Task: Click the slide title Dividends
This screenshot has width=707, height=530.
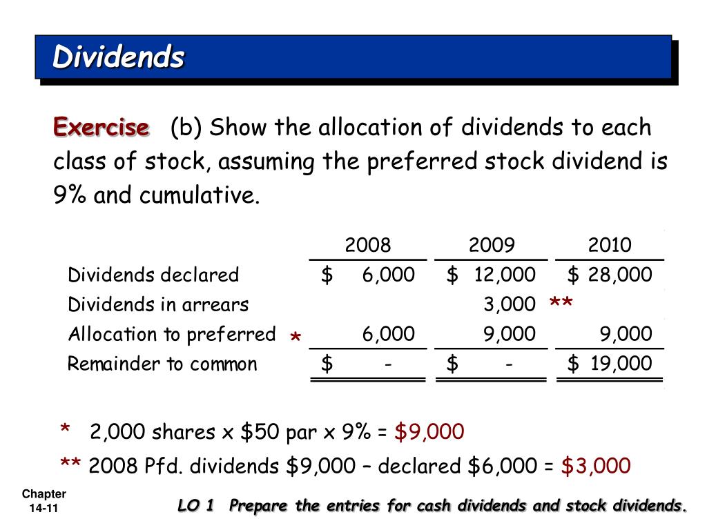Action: pos(118,57)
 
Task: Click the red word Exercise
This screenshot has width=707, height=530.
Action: pos(101,128)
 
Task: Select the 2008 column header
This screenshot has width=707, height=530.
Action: pos(367,245)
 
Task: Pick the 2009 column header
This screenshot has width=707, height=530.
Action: pos(491,245)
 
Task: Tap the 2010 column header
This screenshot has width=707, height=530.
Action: pos(610,245)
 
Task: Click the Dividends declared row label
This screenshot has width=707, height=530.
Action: pos(153,275)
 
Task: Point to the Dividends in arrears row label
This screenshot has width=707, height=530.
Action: pos(158,304)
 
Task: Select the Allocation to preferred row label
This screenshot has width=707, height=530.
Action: pos(171,335)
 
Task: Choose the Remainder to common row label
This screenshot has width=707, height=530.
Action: pos(162,364)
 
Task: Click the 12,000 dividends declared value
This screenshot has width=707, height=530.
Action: pos(504,275)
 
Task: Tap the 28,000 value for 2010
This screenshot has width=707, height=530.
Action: pos(620,275)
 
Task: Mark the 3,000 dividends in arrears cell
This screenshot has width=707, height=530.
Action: pos(510,304)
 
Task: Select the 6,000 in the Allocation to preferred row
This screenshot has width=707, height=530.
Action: pos(389,335)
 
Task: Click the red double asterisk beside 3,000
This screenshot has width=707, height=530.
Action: pos(561,304)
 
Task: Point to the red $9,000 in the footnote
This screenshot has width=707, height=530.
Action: pos(429,433)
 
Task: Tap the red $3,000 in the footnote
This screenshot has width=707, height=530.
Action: pos(595,466)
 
